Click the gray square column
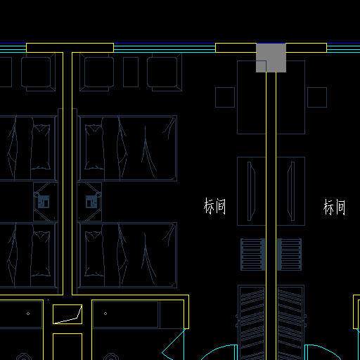[x=271, y=58]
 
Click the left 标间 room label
[x=215, y=206]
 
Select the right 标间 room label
[x=335, y=207]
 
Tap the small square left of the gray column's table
[x=225, y=98]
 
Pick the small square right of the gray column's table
[x=317, y=98]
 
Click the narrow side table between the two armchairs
[x=131, y=72]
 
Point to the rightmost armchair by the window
[x=165, y=72]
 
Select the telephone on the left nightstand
[x=44, y=202]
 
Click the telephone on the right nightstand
[x=91, y=202]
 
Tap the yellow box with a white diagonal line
[x=67, y=314]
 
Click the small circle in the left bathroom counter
[x=28, y=314]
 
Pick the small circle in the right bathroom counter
[x=105, y=314]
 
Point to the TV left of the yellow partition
[x=251, y=191]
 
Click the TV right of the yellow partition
[x=291, y=191]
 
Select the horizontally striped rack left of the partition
[x=253, y=255]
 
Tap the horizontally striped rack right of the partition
[x=289, y=255]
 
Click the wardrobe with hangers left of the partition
[x=252, y=323]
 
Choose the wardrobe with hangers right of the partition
[x=290, y=323]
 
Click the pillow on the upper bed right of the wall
[x=94, y=147]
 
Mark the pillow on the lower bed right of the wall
[x=94, y=254]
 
